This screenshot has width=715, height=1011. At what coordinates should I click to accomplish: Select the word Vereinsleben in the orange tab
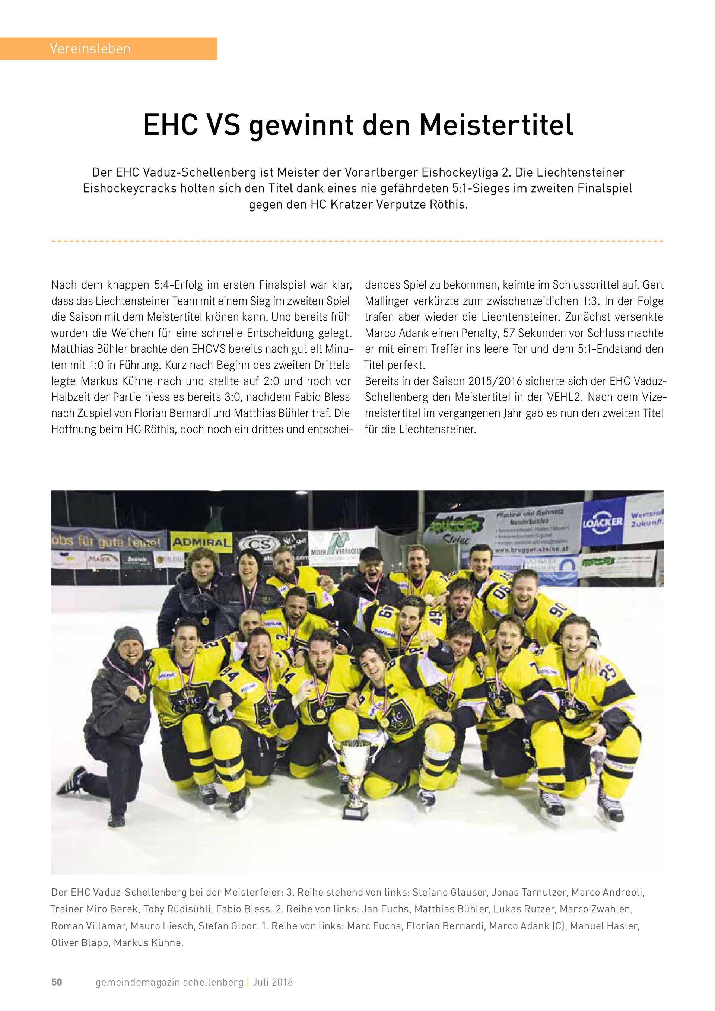(90, 48)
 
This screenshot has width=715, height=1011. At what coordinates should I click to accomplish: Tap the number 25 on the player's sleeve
(611, 673)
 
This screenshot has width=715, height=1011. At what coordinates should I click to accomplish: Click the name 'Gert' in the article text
(653, 285)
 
